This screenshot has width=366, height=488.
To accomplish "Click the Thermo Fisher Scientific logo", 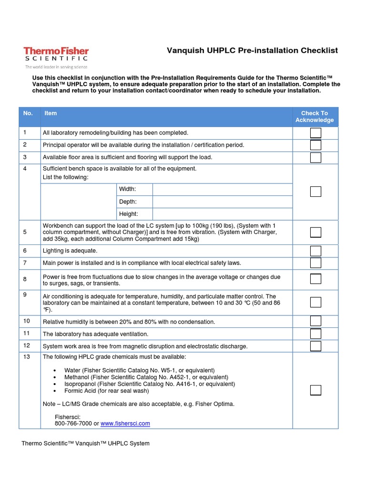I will click(x=56, y=57).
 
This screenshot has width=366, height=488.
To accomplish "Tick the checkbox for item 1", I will click(x=315, y=133).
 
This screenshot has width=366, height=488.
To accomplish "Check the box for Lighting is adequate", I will click(x=315, y=251).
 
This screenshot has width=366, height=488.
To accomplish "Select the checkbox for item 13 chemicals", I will click(x=315, y=390).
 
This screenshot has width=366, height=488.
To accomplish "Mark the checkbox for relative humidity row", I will click(x=315, y=322).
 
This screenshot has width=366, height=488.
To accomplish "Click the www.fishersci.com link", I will click(x=125, y=423).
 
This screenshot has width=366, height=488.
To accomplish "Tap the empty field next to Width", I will click(x=222, y=189).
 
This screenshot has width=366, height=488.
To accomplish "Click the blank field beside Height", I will click(x=222, y=214).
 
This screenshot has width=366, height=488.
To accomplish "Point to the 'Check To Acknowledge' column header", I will click(x=315, y=117).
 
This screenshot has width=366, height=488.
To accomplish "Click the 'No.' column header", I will click(x=28, y=113).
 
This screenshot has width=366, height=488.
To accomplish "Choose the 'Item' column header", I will click(x=51, y=113).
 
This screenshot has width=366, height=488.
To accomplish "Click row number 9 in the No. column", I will click(x=25, y=295).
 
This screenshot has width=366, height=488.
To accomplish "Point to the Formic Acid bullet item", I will click(x=107, y=391).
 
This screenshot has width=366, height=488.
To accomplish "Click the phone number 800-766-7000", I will click(x=73, y=423).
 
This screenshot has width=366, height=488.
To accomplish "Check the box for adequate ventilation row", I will click(x=315, y=334).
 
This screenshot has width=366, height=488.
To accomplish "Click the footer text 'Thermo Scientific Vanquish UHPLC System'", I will click(x=86, y=443).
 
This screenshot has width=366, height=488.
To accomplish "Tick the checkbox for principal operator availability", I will click(x=315, y=145).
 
